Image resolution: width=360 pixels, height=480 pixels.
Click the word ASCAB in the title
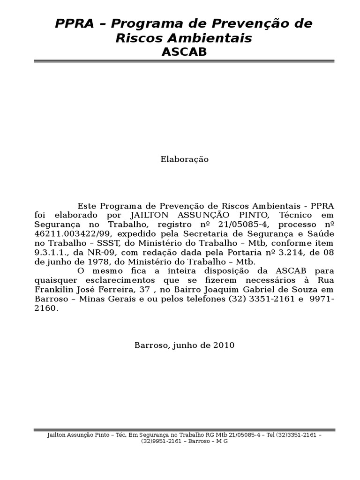(184, 52)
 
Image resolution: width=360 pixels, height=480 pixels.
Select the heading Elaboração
(184, 159)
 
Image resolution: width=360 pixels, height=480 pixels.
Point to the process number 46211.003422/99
(74, 234)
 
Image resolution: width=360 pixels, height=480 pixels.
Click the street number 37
(139, 290)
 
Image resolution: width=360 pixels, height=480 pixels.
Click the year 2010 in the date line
(223, 345)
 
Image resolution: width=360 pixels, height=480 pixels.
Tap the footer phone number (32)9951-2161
(160, 442)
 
